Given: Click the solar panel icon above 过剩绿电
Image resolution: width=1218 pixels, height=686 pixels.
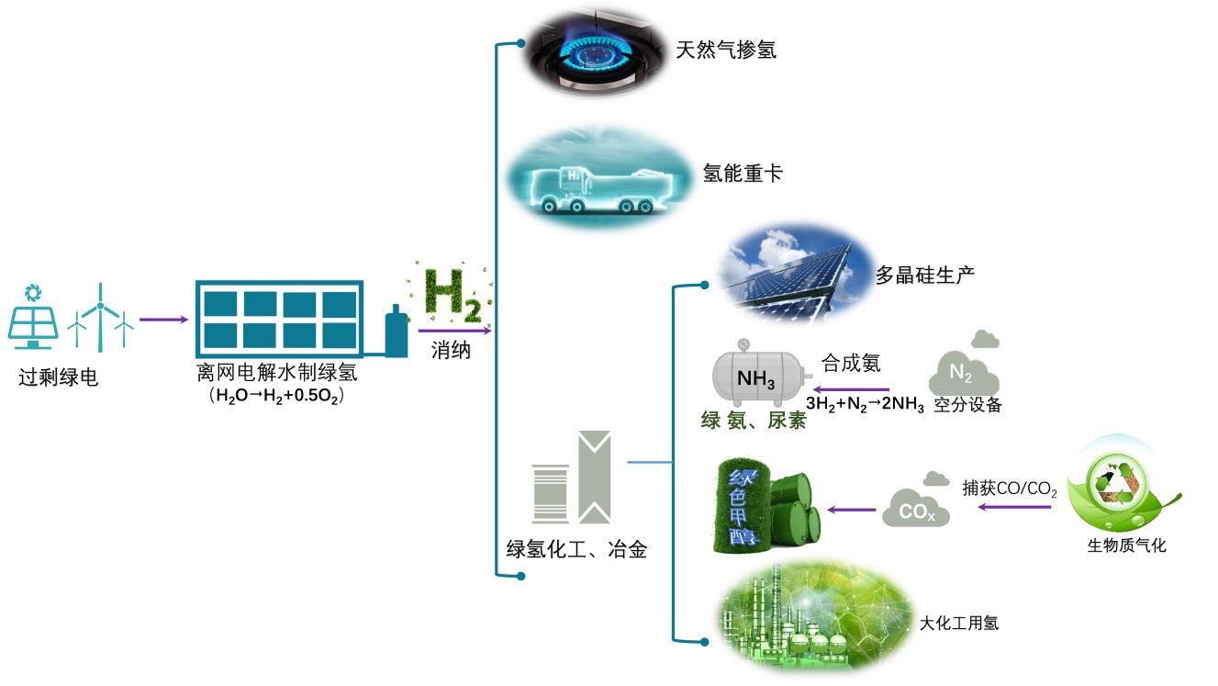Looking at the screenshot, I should pos(33,319).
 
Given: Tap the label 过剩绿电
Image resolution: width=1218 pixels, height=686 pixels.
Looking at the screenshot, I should pos(58,377).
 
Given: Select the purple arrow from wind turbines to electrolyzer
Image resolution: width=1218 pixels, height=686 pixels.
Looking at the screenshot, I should pos(163,321).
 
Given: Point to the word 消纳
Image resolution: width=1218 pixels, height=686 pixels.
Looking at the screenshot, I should pos(451,351).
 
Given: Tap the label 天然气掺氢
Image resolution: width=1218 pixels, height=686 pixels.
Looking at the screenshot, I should pos(725,50).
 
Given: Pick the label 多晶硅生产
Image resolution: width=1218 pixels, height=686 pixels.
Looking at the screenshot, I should pos(924,275).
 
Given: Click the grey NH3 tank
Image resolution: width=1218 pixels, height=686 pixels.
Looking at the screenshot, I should pos(756,377).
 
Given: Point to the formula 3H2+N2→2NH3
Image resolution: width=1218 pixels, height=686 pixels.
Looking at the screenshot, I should pos(865,404).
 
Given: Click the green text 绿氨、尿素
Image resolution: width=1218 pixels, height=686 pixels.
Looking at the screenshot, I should pos(754,422).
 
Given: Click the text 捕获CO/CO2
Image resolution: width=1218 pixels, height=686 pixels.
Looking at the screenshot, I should pos(1010,489).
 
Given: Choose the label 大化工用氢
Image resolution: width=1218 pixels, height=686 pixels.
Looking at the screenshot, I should pos(959,624).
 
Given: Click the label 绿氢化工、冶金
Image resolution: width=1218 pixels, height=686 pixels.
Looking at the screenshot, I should pos(577,550).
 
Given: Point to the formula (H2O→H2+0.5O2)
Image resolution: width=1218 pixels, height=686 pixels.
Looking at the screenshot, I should pos(276,397).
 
